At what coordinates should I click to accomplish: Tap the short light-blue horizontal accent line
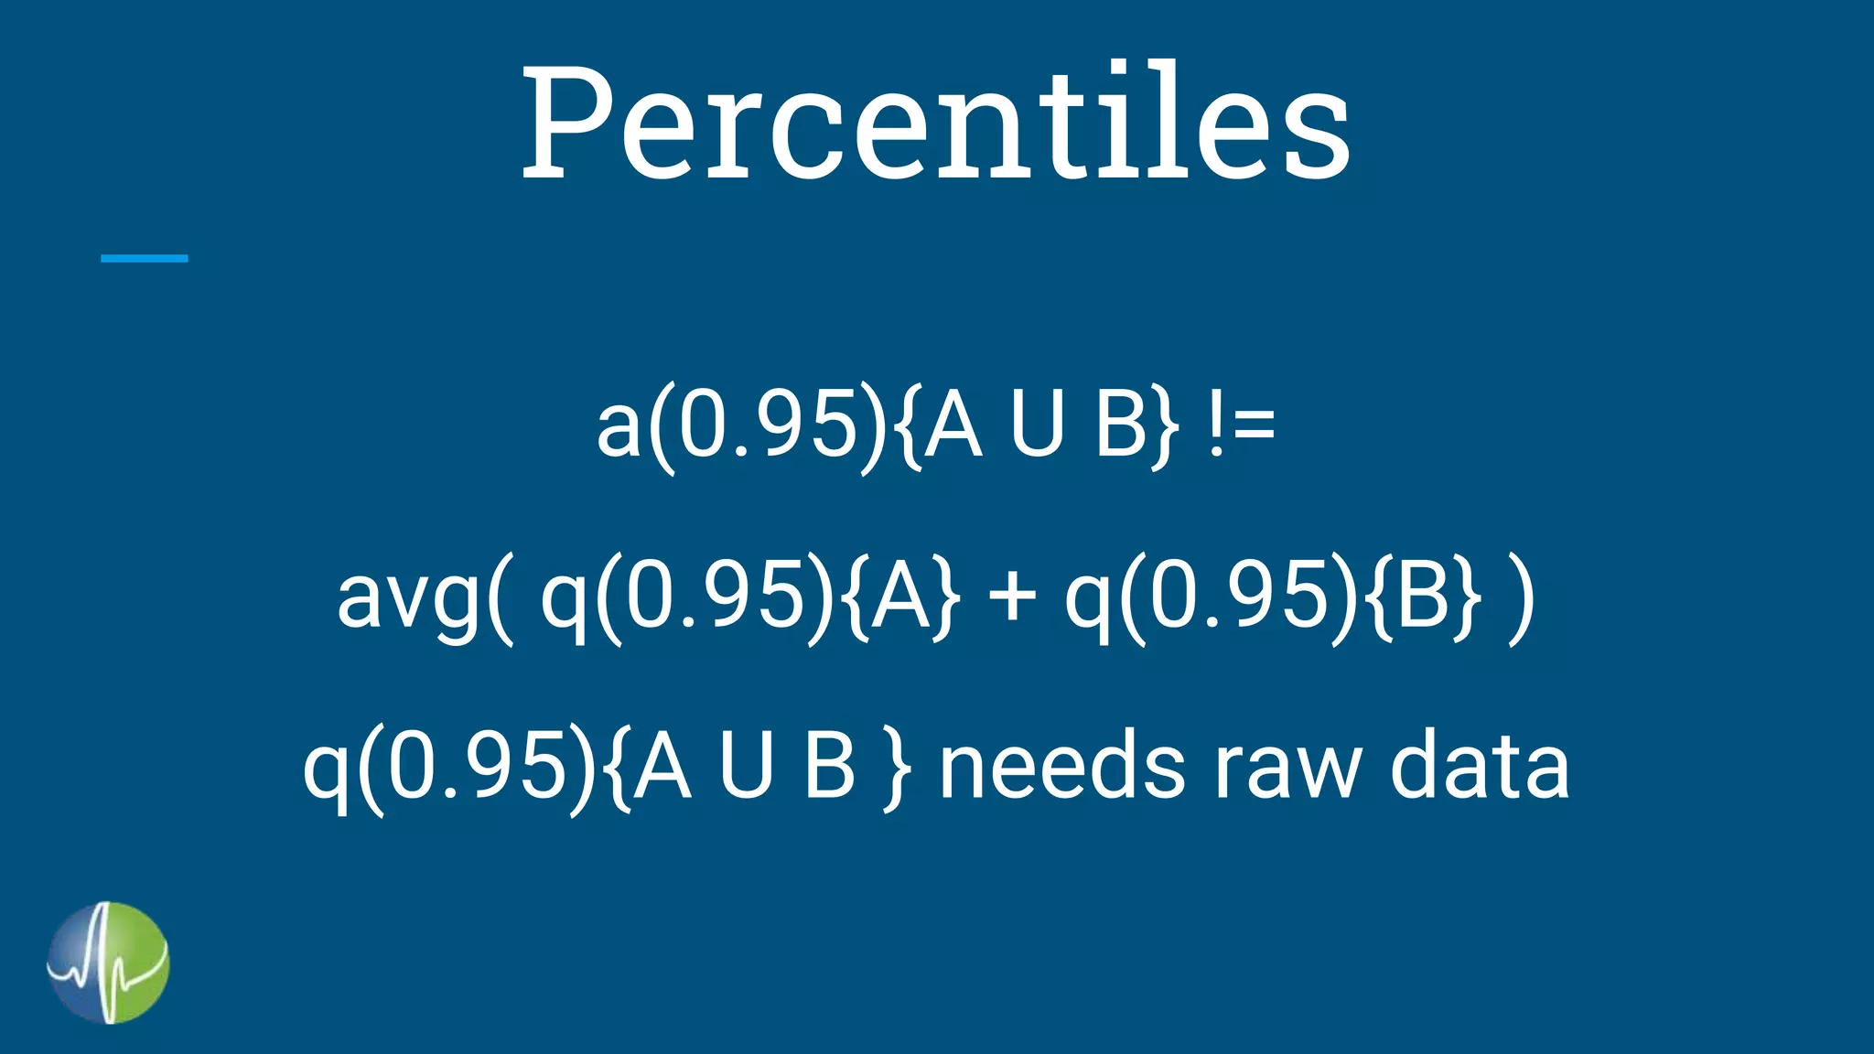pos(144,259)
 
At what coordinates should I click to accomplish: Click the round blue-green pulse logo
pos(108,963)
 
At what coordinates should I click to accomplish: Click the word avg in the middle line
pos(408,599)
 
